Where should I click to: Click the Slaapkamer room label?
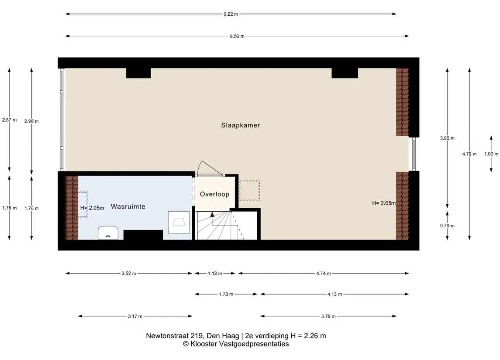coord(241,125)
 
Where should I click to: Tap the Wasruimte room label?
coord(128,206)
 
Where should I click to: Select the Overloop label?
coord(214,194)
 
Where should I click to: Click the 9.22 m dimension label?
coord(231,14)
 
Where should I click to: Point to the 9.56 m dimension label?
coord(237,36)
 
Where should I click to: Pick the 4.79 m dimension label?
coord(469,154)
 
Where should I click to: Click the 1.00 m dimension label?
coord(491,154)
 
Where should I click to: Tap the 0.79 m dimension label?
coord(448,226)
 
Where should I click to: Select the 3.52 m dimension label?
coord(129,273)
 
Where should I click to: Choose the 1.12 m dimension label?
coord(215,273)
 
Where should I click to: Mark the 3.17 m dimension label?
coord(135,316)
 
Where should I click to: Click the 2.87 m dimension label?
coord(9,120)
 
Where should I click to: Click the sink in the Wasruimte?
coord(108,233)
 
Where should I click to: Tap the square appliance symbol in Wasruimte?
coord(179,223)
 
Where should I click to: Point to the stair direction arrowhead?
coord(212,214)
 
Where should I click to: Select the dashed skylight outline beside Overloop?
coord(250,191)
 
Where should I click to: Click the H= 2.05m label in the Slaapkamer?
coord(384,203)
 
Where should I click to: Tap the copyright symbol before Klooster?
coord(186,344)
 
